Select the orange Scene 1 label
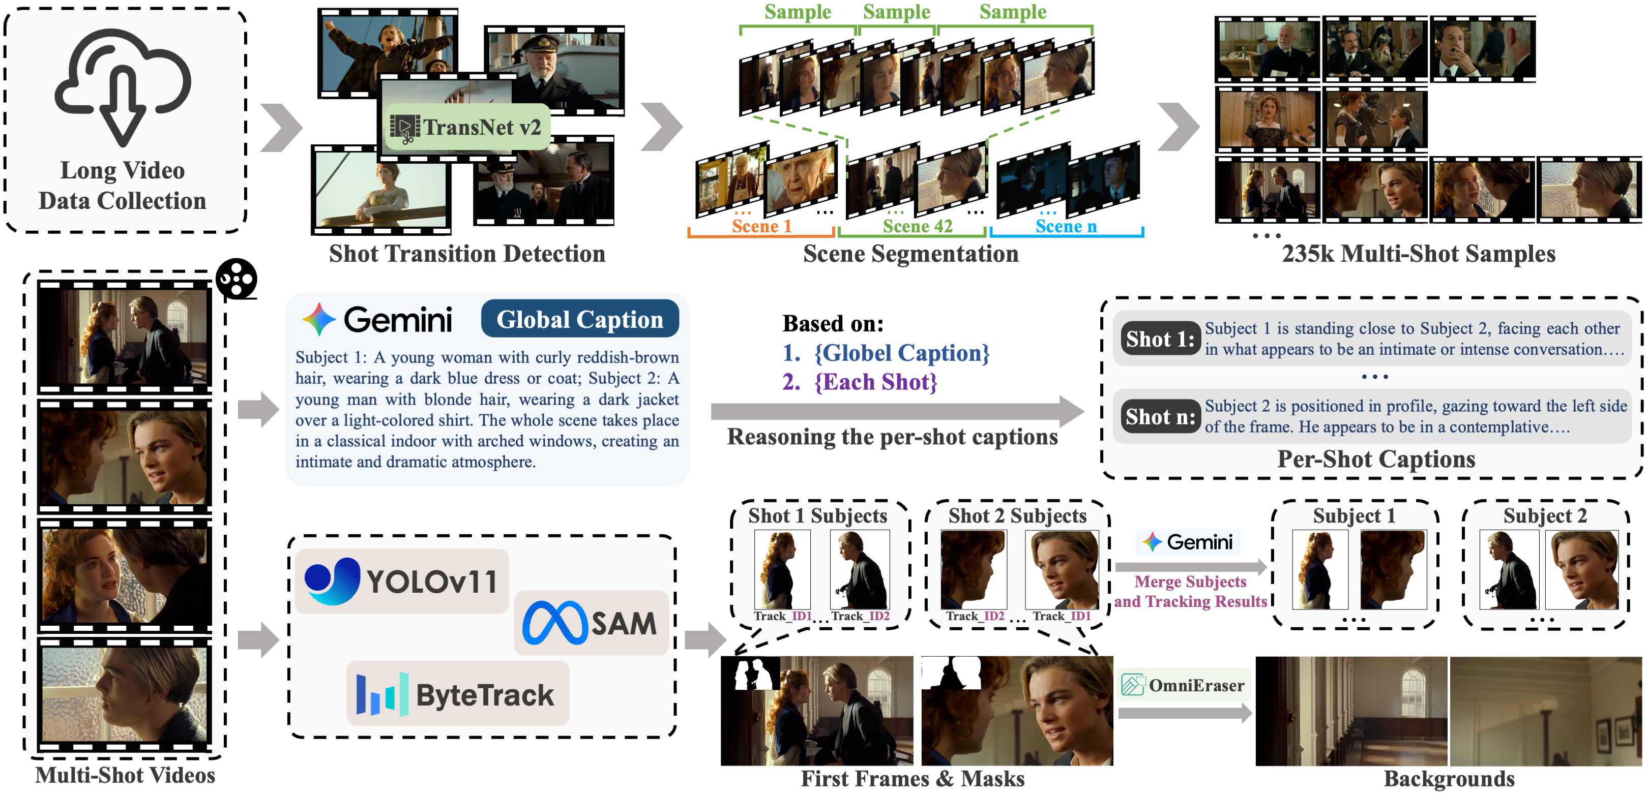point(761,226)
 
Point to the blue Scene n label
point(1065,226)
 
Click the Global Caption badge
point(580,319)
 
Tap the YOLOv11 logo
point(402,581)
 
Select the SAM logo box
point(591,623)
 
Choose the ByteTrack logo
point(457,694)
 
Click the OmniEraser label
point(1184,685)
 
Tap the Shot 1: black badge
point(1160,339)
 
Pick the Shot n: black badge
point(1160,417)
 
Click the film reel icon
point(236,279)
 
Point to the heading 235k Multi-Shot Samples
point(1418,254)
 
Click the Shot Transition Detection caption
point(467,254)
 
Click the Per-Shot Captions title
point(1376,459)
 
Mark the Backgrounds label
point(1449,779)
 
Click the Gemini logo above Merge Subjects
point(1188,542)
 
